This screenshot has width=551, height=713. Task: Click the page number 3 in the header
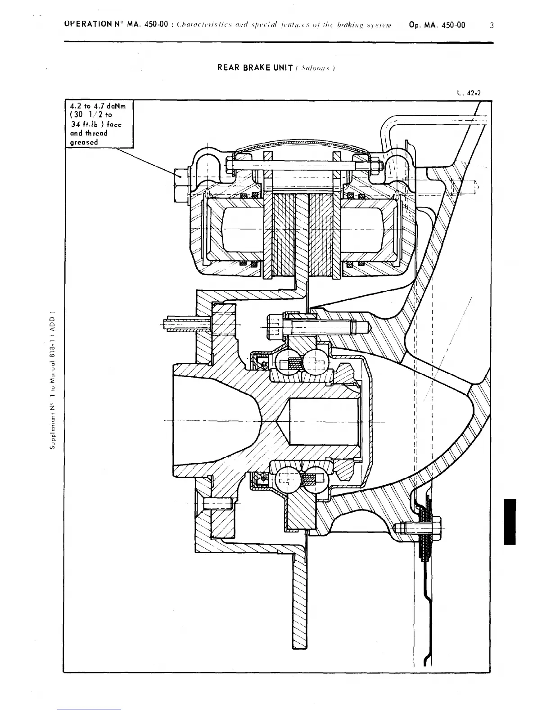pyautogui.click(x=492, y=26)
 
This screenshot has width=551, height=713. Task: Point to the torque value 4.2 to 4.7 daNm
pyautogui.click(x=98, y=106)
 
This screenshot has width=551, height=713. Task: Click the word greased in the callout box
pyautogui.click(x=84, y=142)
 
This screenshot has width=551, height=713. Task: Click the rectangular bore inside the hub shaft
pyautogui.click(x=324, y=421)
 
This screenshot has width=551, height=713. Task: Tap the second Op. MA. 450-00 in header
pyautogui.click(x=437, y=25)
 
